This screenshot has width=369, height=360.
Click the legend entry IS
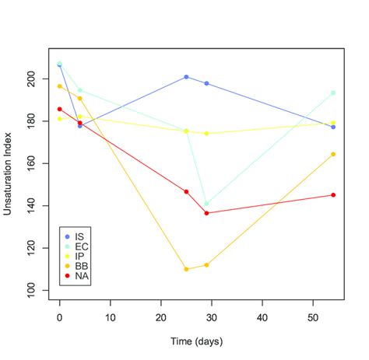(80, 236)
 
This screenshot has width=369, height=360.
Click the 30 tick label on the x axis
(212, 317)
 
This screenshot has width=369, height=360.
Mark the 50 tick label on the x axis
(313, 317)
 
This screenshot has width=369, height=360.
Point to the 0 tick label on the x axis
(60, 317)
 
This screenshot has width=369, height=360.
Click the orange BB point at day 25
(186, 269)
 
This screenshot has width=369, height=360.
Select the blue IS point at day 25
(186, 77)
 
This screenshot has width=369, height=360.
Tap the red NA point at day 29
(206, 213)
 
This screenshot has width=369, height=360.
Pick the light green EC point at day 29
(206, 204)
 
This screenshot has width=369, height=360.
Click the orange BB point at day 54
(333, 154)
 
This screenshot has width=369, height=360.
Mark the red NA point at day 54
(333, 195)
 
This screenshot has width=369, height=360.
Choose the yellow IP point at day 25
(186, 131)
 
